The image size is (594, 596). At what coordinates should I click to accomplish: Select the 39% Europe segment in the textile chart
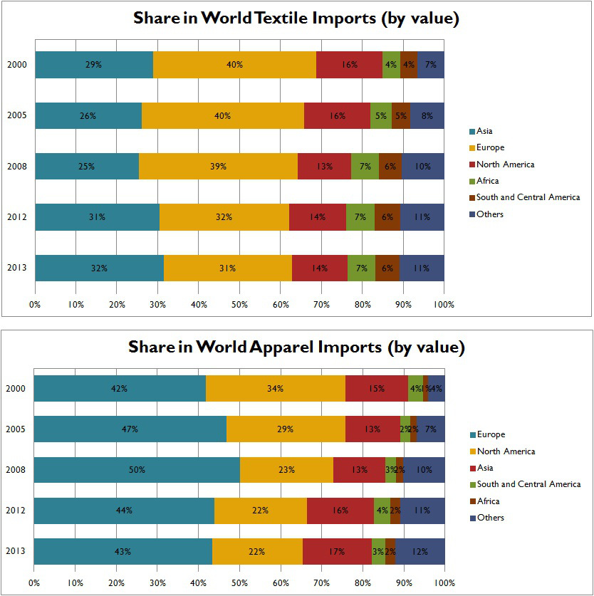tap(218, 166)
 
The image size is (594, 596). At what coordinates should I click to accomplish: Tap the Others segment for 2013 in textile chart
tap(422, 268)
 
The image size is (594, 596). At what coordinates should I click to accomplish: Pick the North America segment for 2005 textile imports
tap(337, 115)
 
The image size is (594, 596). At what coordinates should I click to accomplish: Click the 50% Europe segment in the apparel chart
tap(137, 470)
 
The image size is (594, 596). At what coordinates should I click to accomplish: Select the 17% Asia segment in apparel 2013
tap(337, 552)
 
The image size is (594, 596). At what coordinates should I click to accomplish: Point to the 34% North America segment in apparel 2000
tap(276, 389)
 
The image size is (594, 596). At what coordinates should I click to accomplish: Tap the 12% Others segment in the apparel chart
tap(420, 552)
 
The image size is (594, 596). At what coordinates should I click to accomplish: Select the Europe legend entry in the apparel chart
tap(491, 434)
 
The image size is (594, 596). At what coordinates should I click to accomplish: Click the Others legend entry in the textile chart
tap(490, 214)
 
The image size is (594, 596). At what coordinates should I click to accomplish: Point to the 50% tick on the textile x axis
tap(240, 305)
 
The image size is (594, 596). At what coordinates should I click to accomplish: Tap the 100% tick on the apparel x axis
tap(444, 582)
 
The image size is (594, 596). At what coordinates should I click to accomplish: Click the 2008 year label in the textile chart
tap(17, 166)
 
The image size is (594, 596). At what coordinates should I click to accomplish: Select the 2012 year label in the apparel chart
tap(16, 511)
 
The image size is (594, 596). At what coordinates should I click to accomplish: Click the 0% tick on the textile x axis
tap(35, 305)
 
